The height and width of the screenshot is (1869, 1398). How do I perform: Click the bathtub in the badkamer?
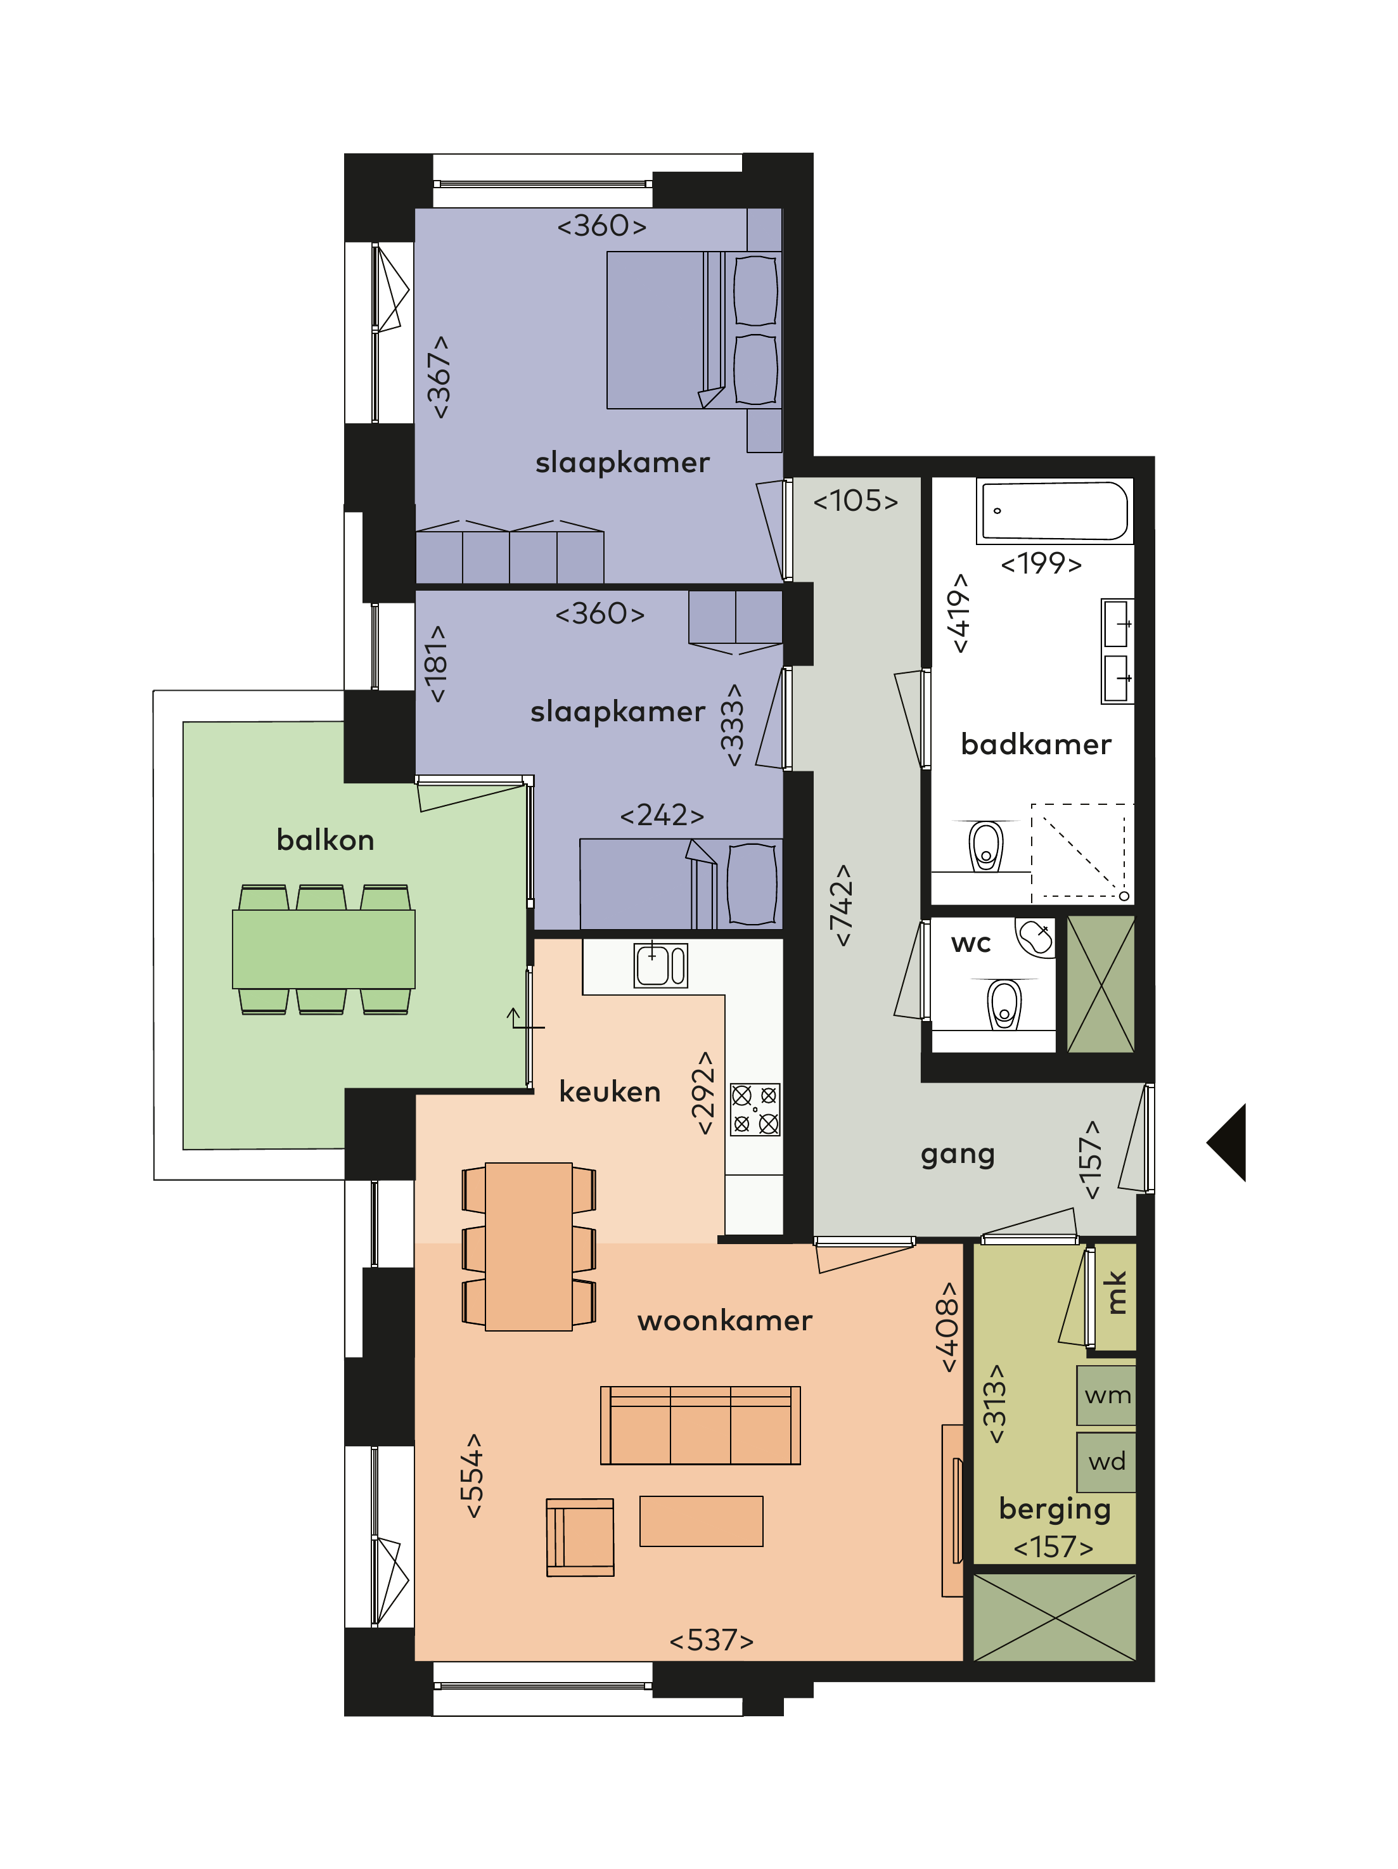click(x=1053, y=510)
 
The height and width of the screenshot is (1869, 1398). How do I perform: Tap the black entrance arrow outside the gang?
click(x=1226, y=1141)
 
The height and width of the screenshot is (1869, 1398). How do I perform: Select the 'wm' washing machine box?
click(x=1106, y=1395)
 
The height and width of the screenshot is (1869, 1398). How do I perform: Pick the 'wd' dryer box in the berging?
click(x=1106, y=1461)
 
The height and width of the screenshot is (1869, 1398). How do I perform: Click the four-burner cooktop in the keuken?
click(x=754, y=1109)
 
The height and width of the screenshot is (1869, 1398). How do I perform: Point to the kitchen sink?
click(x=660, y=965)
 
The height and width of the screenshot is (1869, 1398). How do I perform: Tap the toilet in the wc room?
click(x=1004, y=1003)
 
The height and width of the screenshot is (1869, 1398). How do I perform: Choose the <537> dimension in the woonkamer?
click(x=711, y=1640)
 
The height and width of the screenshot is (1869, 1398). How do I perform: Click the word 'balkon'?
click(x=325, y=840)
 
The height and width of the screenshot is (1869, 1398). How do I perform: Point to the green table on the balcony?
click(x=324, y=949)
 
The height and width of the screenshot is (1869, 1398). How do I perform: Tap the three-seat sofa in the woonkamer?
click(x=700, y=1425)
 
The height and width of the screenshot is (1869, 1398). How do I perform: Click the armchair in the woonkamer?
click(x=580, y=1537)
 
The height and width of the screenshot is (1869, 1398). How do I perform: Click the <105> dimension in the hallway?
click(x=855, y=501)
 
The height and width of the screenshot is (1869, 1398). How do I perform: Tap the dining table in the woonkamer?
click(x=529, y=1246)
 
